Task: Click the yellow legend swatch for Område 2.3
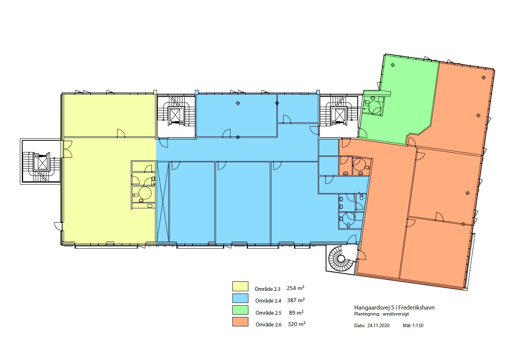pos(240,286)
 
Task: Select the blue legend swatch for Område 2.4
pos(240,298)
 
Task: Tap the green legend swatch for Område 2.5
pos(240,310)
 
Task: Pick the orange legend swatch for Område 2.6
pos(240,322)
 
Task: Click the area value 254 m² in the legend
pos(295,288)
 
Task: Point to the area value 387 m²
pos(296,300)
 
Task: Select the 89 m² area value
pos(296,312)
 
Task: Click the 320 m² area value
pos(296,324)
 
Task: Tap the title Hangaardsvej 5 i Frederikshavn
pos(394,308)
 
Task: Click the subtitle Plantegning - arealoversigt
pos(382,314)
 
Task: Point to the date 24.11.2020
pos(378,326)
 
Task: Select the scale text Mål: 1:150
pos(413,326)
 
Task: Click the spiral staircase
pos(341,258)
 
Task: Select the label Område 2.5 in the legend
pos(268,313)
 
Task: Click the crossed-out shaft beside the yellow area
pos(162,202)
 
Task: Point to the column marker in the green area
pos(392,65)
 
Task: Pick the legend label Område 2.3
pos(268,289)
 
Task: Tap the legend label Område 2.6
pos(269,324)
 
